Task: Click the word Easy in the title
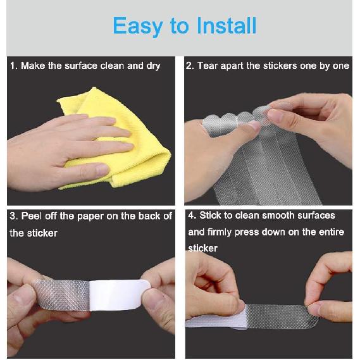click(138, 27)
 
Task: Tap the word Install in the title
click(227, 25)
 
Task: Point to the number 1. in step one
click(14, 66)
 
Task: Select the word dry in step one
click(153, 66)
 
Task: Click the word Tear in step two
click(208, 66)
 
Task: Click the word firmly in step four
click(220, 232)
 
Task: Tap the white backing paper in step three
click(120, 295)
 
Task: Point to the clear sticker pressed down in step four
click(282, 316)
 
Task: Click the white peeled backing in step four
click(216, 321)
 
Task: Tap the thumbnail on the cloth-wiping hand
click(102, 170)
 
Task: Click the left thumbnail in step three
click(22, 298)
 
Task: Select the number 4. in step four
click(192, 216)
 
